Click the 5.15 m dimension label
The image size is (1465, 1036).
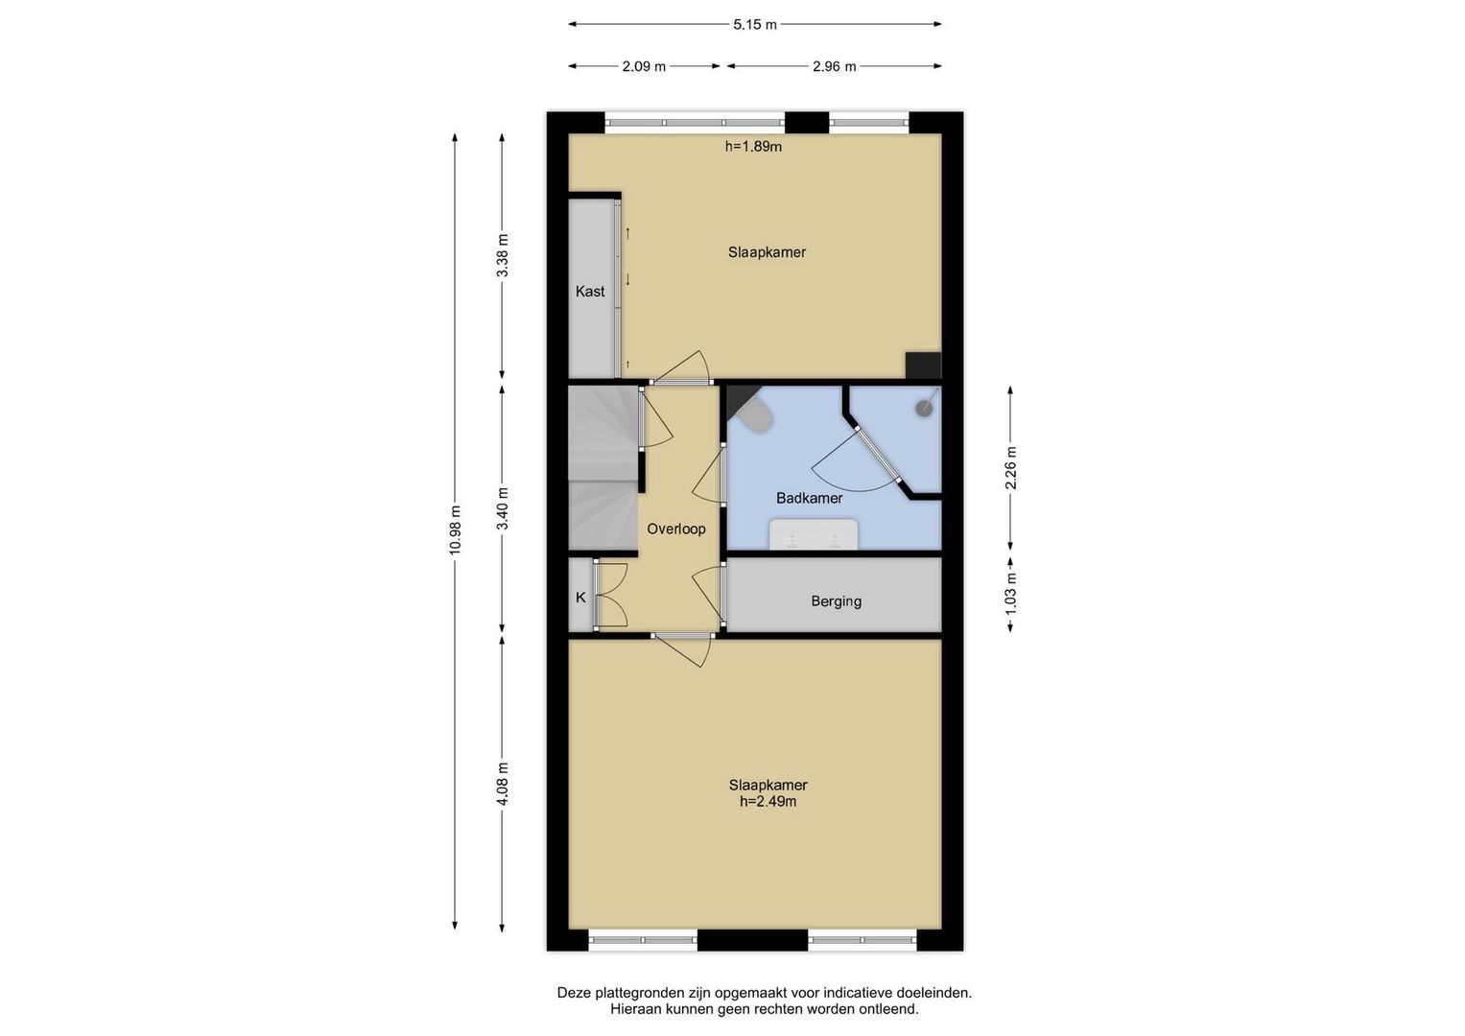pos(755,25)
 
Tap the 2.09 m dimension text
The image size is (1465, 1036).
pos(644,67)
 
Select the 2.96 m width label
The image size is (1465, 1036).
pos(835,67)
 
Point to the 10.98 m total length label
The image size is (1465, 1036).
pos(455,530)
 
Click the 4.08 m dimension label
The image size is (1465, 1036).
pos(503,785)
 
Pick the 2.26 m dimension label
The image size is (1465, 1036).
pos(1011,468)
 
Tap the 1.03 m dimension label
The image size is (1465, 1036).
pos(1011,593)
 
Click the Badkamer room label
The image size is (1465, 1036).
pos(810,499)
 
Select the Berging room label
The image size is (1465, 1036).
pos(837,601)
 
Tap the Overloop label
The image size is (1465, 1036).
pos(676,530)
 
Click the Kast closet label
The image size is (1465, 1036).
pos(590,292)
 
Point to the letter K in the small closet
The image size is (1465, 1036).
pos(580,598)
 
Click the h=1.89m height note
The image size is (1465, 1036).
pos(753,147)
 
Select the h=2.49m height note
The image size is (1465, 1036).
pos(768,802)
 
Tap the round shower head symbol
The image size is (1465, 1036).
pos(924,409)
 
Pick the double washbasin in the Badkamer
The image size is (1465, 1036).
pos(814,534)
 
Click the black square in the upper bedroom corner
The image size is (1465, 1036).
pos(924,365)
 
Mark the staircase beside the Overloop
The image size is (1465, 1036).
pos(603,468)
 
